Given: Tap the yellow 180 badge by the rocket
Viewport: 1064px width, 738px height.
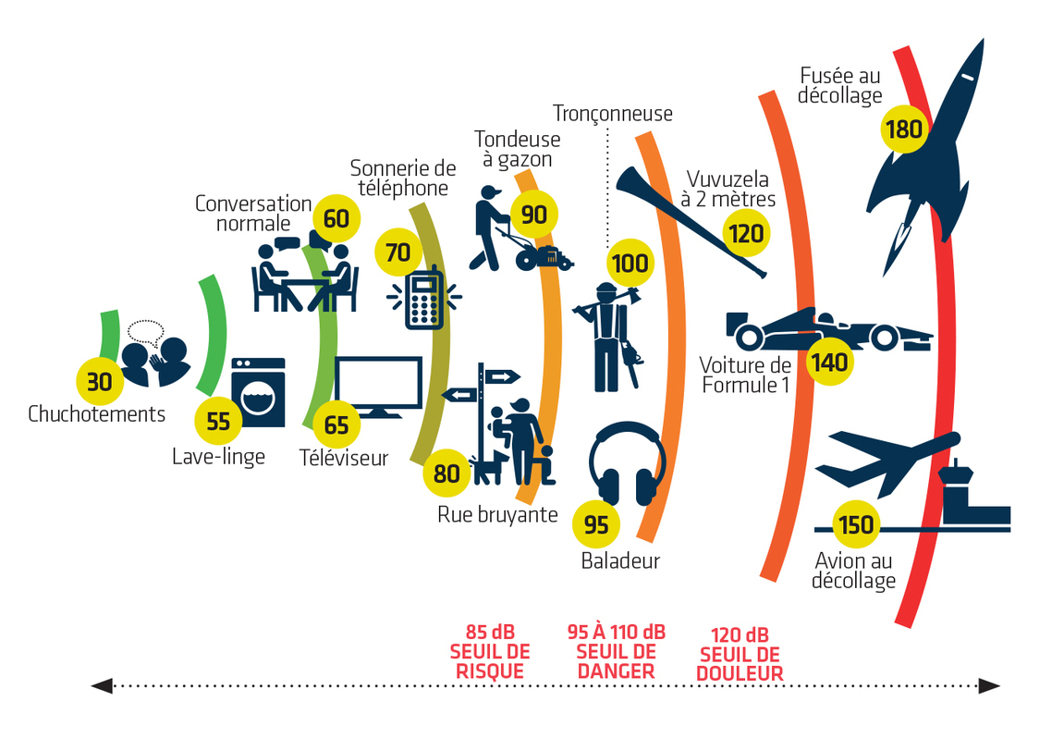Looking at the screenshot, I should tap(903, 129).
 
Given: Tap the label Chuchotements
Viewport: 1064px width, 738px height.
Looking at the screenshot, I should tap(97, 413).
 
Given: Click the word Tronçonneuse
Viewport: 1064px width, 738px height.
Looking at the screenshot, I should tap(613, 114).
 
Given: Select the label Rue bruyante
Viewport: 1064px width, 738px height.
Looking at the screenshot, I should tap(497, 514).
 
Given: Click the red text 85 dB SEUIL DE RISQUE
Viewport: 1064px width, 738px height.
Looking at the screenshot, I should tap(490, 653).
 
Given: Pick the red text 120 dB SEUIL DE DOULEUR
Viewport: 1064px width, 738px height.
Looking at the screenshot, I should tap(740, 655).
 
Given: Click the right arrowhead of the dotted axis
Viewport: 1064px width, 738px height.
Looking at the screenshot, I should tap(989, 685).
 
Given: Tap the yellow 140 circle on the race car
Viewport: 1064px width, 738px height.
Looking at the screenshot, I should tap(827, 362).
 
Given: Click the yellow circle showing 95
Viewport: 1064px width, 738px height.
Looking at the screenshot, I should tap(596, 524).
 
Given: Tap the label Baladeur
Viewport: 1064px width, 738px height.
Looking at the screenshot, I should tap(620, 560).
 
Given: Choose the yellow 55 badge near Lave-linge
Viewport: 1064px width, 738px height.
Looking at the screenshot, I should tap(218, 422).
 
